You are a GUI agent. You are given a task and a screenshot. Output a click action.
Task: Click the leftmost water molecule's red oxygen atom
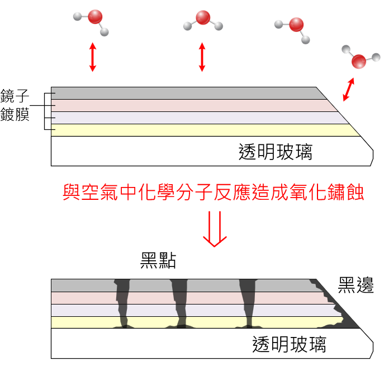tap(95, 16)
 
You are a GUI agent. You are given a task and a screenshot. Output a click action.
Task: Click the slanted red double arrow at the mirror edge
tap(349, 90)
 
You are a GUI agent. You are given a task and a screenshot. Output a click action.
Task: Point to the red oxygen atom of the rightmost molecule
tap(358, 61)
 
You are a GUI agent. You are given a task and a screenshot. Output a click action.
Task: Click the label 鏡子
tap(15, 96)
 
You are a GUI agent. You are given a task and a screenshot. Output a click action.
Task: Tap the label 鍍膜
tap(15, 114)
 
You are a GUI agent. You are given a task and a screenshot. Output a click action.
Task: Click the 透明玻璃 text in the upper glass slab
tap(275, 152)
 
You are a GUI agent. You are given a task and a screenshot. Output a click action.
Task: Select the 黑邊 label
tap(355, 285)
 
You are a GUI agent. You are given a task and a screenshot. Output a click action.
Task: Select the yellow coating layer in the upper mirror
tap(201, 130)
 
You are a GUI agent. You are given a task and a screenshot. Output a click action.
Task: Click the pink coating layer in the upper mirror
tap(190, 105)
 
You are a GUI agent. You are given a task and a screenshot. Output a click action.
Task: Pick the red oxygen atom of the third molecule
tap(296, 25)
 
